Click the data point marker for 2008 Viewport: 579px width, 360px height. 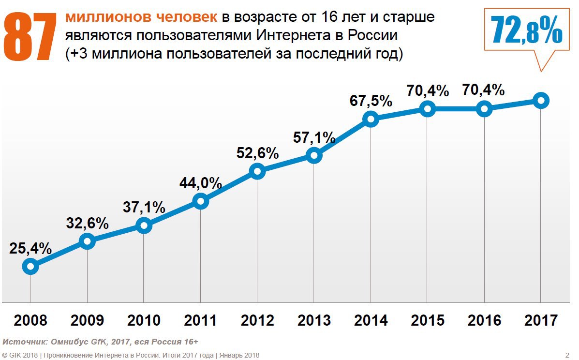(30, 266)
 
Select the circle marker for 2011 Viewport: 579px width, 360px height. (200, 201)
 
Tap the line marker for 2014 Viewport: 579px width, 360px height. (371, 119)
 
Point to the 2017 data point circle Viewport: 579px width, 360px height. (541, 101)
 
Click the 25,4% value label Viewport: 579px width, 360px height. (30, 248)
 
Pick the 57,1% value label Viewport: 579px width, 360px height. (314, 137)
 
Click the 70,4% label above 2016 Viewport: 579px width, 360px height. (484, 90)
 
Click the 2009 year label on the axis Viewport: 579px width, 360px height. (87, 320)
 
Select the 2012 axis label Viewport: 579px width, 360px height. (257, 320)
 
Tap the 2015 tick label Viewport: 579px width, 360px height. (427, 320)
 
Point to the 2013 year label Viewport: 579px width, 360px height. (314, 320)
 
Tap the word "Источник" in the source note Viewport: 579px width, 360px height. (22, 342)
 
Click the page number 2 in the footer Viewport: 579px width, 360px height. (567, 355)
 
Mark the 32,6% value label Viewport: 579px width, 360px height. (87, 223)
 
